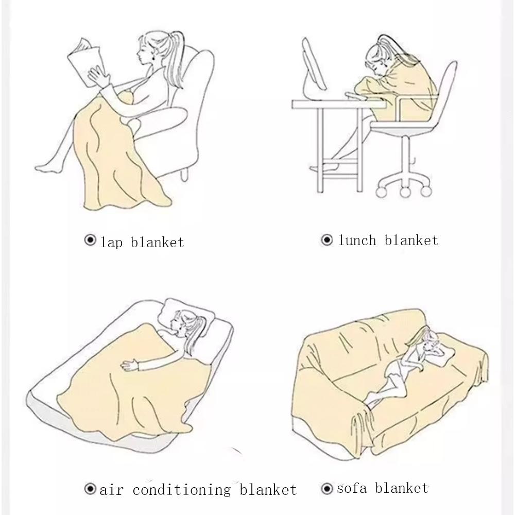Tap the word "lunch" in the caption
point(357,240)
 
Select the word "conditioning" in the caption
point(182,489)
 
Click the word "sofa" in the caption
point(352,488)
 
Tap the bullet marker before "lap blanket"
point(90,240)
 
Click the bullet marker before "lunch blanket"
point(327,240)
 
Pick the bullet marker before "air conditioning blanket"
point(90,488)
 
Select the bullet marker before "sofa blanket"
point(327,488)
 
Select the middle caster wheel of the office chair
point(404,191)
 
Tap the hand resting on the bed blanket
point(129,366)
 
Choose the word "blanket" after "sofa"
point(402,488)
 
